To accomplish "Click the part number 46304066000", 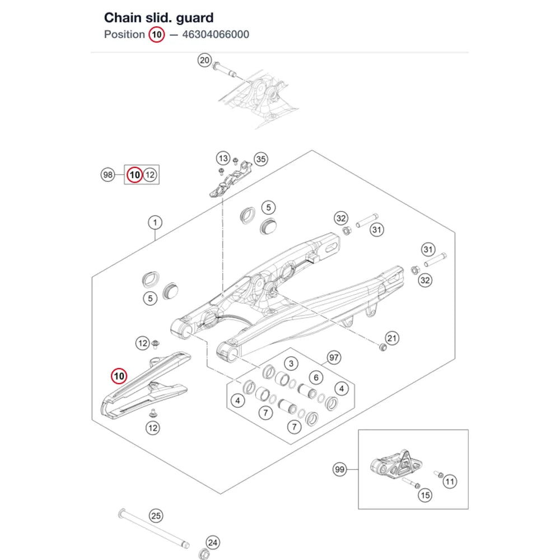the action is coord(216,35).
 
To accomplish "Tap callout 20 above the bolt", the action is coord(204,60).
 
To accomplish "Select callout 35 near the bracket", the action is coord(261,159).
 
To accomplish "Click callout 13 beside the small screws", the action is coord(223,158).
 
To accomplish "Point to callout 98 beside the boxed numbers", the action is coord(108,175).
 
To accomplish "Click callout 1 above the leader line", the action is coord(155,222).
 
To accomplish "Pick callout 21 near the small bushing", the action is coord(392,338).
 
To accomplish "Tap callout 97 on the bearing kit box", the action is coord(334,357).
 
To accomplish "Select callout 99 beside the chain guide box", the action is coord(340,469).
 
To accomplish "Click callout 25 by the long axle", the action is coord(156,516).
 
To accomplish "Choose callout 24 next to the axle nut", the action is coord(212,543).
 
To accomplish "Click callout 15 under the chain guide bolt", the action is coord(425,496).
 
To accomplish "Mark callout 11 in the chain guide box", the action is coord(450,482).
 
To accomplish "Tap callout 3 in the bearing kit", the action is coord(291,363).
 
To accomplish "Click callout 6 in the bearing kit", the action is coord(316,377).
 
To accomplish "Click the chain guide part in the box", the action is coord(396,464).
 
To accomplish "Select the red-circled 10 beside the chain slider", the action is coord(119,376).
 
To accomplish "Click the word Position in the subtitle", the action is coord(124,35).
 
